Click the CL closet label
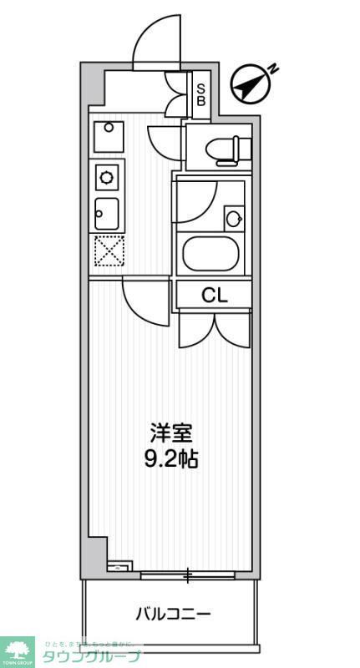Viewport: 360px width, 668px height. [212, 295]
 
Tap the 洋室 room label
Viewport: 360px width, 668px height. [171, 434]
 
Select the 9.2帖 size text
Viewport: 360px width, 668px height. [171, 458]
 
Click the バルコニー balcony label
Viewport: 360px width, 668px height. [174, 615]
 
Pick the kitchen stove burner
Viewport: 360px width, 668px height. [108, 177]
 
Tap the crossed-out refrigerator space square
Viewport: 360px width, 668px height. [109, 251]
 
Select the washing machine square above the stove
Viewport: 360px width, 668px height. [108, 136]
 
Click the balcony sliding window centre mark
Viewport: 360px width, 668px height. [189, 575]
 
